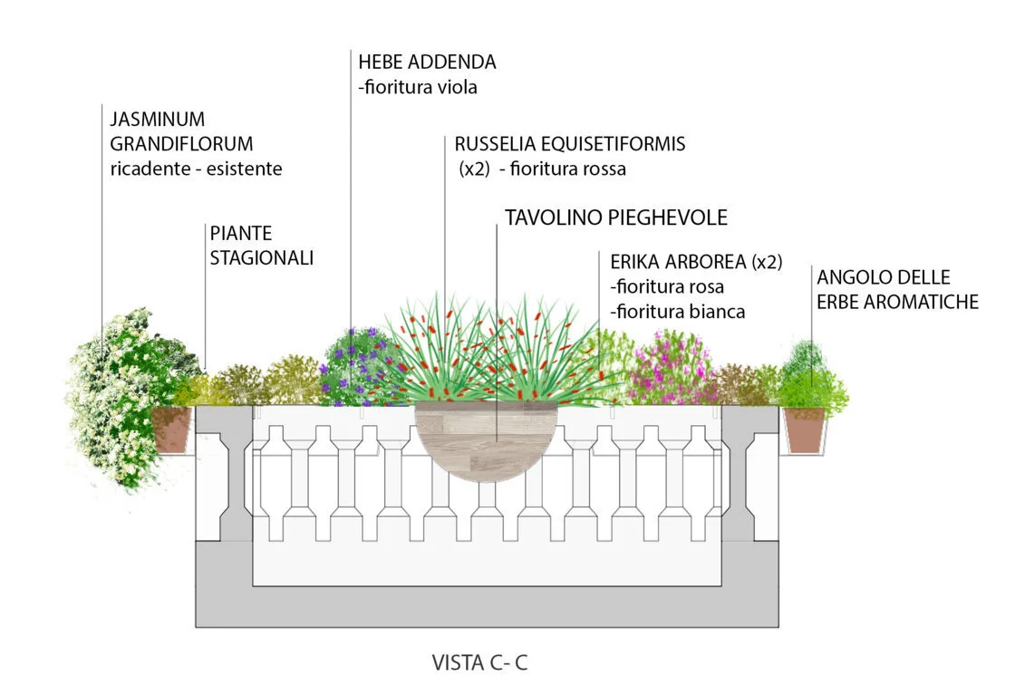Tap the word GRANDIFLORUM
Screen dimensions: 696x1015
click(181, 143)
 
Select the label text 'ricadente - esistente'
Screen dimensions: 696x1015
click(196, 169)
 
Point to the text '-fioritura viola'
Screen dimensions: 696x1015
click(418, 88)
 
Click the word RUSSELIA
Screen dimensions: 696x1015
click(499, 144)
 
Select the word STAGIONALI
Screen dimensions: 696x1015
click(262, 258)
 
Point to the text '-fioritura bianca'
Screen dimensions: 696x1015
click(678, 312)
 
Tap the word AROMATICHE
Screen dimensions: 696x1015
click(924, 302)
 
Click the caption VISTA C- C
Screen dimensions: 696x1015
click(479, 663)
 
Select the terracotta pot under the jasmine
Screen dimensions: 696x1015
click(172, 428)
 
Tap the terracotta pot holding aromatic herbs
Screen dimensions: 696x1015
click(804, 429)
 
